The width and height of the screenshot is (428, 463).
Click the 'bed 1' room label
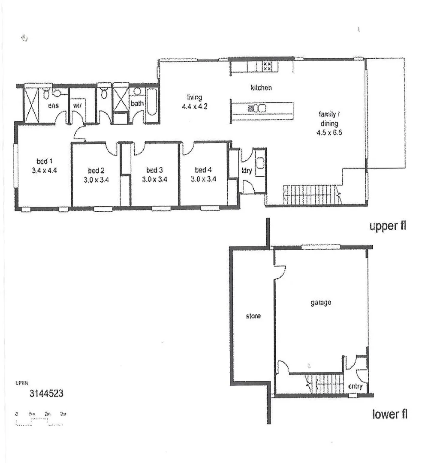[x=44, y=161]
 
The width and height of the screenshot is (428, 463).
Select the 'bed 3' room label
[x=154, y=170]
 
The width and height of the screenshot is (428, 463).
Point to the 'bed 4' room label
[x=203, y=170]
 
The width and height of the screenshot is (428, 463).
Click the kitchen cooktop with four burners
[x=267, y=66]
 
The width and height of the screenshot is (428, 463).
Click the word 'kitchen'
[x=261, y=88]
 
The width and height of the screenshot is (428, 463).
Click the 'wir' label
[x=78, y=105]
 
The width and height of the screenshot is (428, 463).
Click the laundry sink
[x=259, y=162]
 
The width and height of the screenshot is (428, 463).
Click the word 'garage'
[x=321, y=303]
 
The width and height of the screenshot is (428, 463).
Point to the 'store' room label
[x=253, y=316]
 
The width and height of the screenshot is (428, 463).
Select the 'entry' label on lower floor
[x=355, y=386]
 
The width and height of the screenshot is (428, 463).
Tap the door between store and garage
[x=279, y=271]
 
